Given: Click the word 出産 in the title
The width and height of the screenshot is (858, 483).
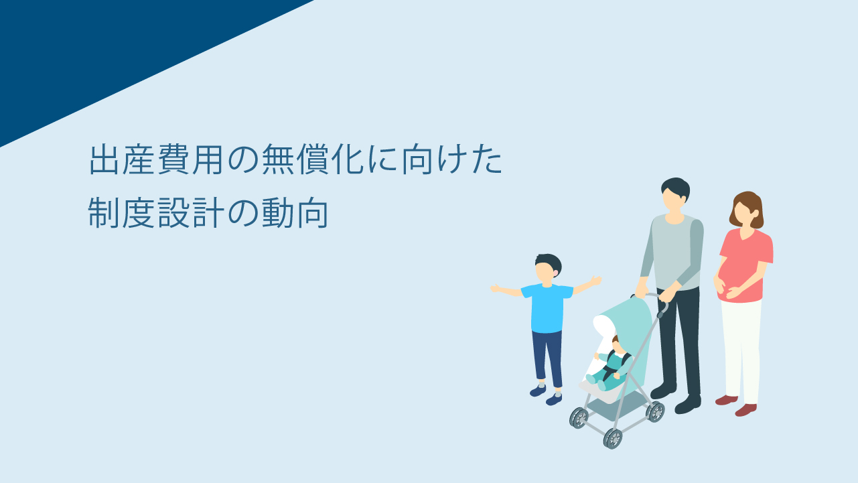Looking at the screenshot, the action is pos(122,159).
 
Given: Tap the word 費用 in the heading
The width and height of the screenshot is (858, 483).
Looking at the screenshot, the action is pos(190,159).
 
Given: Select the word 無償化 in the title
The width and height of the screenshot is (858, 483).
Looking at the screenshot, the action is pos(313,159).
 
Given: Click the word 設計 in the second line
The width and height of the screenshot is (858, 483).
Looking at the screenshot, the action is pos(191,213).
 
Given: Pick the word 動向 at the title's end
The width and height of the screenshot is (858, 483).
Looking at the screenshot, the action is pos(295,213).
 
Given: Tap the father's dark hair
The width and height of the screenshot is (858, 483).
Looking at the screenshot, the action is pos(676,188).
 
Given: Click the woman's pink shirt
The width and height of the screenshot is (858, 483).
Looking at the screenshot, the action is pos(745,265).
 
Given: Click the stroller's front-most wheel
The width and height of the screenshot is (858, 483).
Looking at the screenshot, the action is pos(612,439).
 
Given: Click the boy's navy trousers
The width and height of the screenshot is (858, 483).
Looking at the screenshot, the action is pos(547,358).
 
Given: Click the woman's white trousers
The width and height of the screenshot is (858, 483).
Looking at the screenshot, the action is pos(741,350).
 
